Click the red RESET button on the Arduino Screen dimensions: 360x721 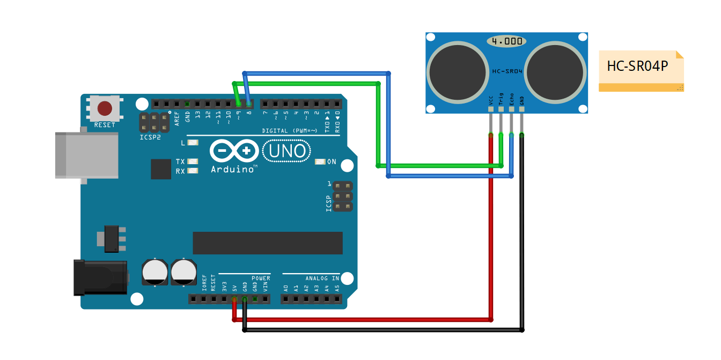point(105,109)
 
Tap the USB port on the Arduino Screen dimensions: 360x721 point(86,156)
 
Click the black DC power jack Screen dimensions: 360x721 point(100,277)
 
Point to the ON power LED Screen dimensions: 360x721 point(320,161)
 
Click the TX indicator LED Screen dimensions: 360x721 point(193,161)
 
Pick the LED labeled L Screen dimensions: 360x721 point(193,143)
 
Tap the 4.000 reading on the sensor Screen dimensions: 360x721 point(506,41)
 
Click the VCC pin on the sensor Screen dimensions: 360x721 point(490,109)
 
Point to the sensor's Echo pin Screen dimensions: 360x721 point(511,109)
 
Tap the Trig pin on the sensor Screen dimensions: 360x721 point(501,109)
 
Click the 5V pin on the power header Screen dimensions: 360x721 point(234,299)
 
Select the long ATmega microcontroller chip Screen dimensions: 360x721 point(268,243)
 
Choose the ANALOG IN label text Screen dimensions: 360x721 point(322,278)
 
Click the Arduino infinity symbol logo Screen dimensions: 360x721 point(234,151)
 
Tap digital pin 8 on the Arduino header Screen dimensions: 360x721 point(249,104)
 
